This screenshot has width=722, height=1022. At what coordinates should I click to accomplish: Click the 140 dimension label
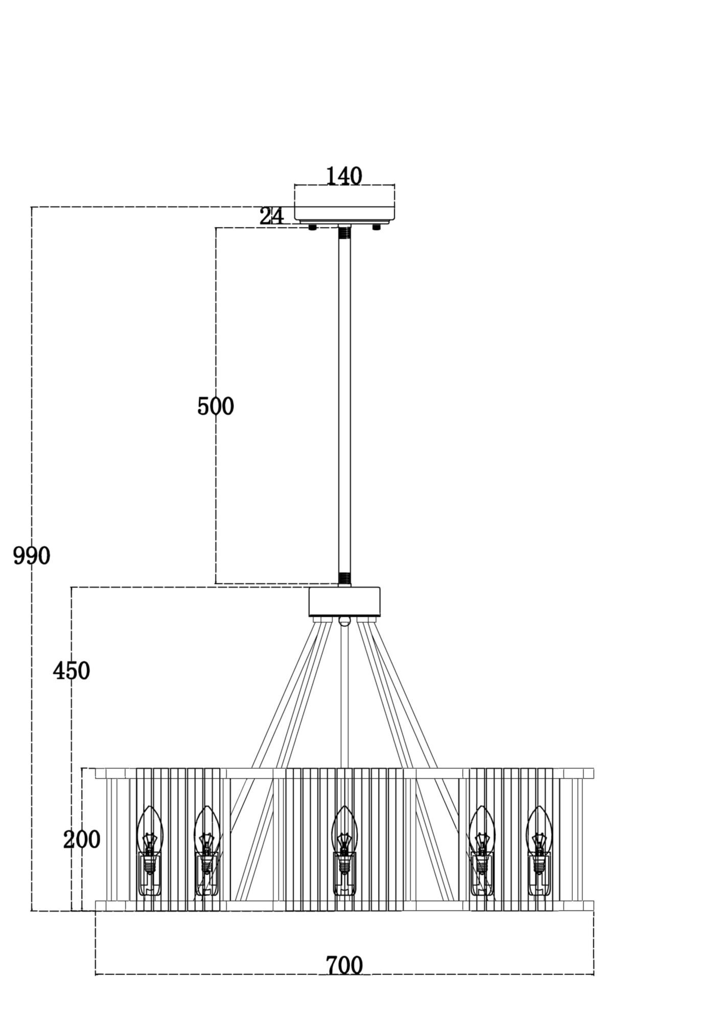[344, 176]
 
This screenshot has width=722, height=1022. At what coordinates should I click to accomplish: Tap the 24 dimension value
[271, 216]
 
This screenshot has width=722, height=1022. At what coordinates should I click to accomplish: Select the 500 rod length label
[216, 407]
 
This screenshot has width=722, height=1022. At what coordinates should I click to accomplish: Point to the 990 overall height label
[32, 556]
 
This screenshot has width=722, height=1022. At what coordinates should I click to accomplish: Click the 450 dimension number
[72, 671]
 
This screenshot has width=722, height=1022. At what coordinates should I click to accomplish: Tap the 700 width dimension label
[344, 966]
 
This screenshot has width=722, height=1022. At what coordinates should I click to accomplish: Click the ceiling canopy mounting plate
[344, 203]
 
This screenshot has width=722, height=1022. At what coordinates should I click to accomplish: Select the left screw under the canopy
[312, 227]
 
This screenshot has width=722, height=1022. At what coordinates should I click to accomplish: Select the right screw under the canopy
[377, 227]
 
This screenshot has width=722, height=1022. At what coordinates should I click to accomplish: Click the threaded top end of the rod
[344, 233]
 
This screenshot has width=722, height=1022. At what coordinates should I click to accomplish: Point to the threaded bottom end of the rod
[344, 578]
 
